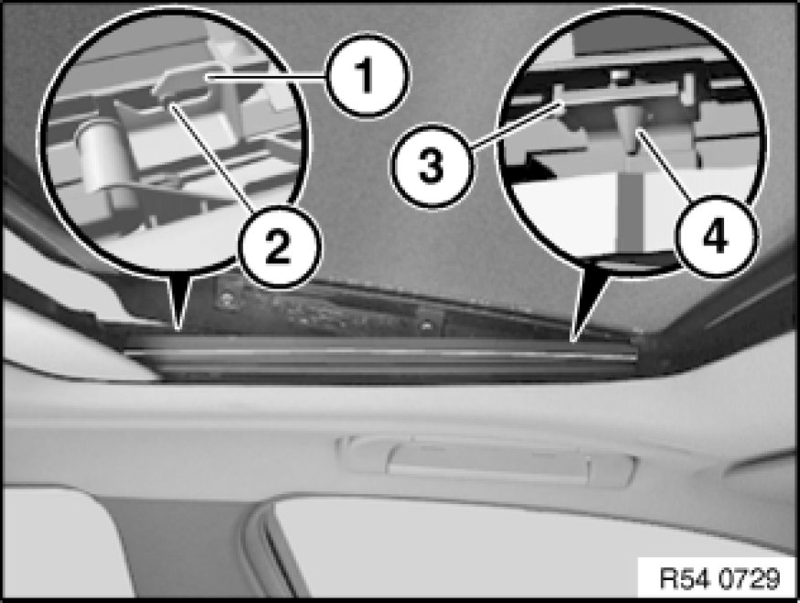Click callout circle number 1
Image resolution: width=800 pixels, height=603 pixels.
[368, 77]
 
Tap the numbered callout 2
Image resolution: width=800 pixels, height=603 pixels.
[279, 247]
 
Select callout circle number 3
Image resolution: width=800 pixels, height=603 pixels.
[432, 166]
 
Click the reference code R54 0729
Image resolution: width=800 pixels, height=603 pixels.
[720, 578]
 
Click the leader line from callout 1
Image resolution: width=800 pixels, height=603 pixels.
[266, 77]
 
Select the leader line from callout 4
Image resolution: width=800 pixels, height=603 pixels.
[663, 164]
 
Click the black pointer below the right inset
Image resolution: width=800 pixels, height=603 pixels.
[587, 301]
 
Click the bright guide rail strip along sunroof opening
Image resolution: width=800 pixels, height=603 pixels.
[380, 352]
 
